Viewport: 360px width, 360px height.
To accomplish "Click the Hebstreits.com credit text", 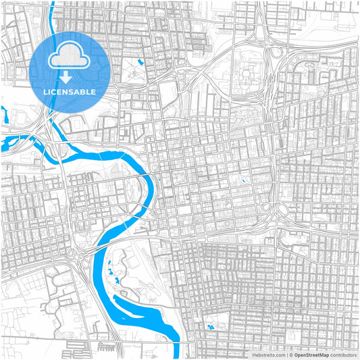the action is (x=269, y=355).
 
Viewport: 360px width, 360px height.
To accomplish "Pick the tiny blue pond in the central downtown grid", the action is (x=242, y=181).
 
